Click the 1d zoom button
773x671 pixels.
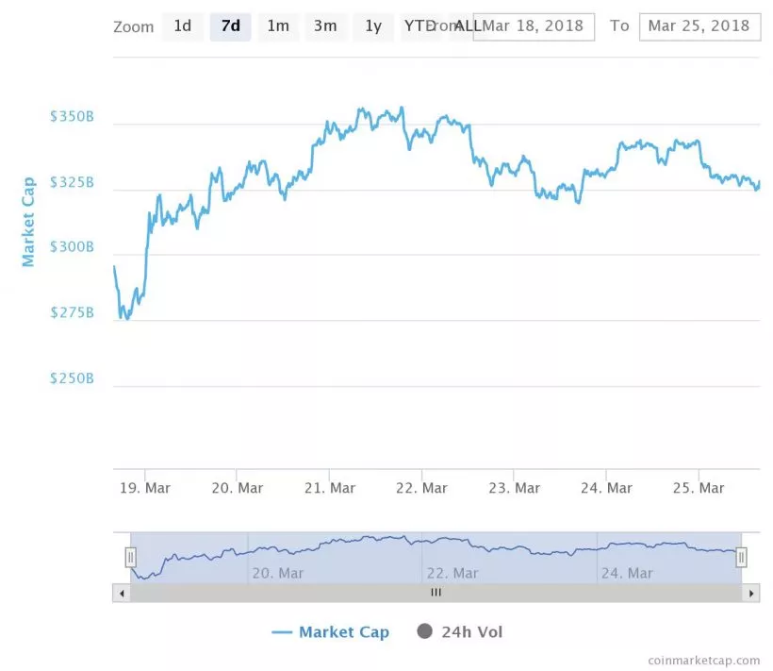[182, 26]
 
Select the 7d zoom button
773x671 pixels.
[230, 26]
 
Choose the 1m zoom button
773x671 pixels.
[278, 26]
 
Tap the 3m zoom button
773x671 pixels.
[325, 26]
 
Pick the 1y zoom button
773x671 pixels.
[373, 26]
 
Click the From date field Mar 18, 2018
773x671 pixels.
[534, 26]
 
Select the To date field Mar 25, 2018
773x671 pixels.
[699, 26]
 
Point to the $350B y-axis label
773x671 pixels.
[72, 117]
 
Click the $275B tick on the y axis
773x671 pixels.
[72, 312]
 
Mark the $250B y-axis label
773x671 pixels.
[72, 378]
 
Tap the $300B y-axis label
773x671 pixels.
[72, 247]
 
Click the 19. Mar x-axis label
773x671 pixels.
[144, 488]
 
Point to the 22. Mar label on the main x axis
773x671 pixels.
[421, 488]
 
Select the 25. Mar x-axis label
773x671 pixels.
[699, 488]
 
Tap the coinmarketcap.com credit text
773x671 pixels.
[703, 661]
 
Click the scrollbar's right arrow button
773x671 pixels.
[751, 594]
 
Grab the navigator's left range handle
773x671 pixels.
[131, 558]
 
